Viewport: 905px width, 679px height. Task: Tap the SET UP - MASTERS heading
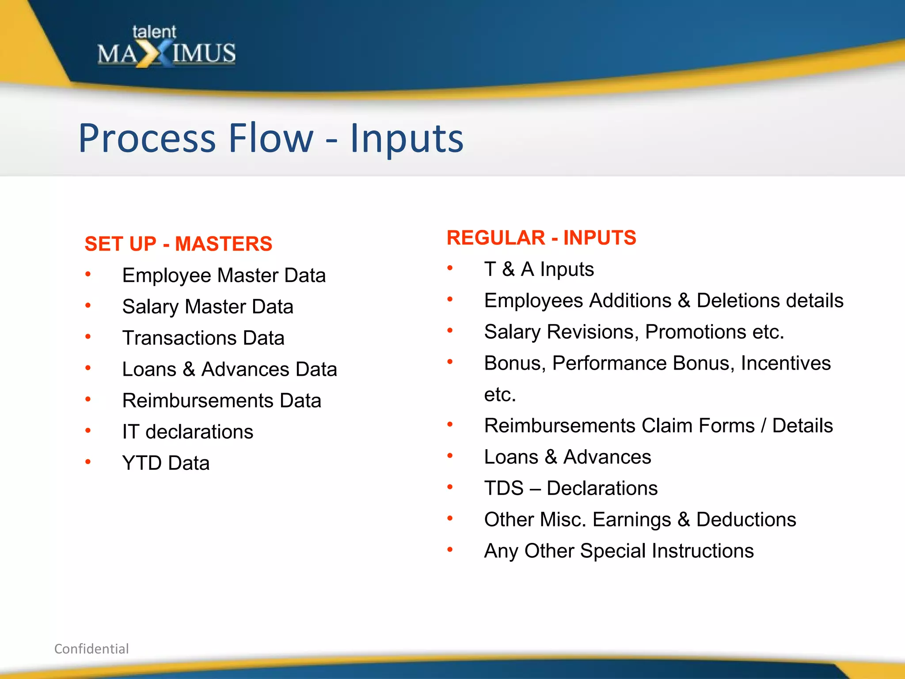pyautogui.click(x=178, y=244)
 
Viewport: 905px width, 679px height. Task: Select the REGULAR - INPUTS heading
pyautogui.click(x=541, y=238)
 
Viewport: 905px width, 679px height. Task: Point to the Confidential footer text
pyautogui.click(x=91, y=648)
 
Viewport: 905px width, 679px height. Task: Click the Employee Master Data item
pyautogui.click(x=224, y=275)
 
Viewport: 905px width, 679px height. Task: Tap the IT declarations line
pyautogui.click(x=187, y=432)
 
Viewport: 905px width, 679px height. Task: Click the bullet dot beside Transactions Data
pyautogui.click(x=88, y=337)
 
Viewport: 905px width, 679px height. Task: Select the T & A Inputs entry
pyautogui.click(x=539, y=269)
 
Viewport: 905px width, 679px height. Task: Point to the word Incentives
pyautogui.click(x=786, y=363)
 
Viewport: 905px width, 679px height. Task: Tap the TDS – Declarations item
pyautogui.click(x=570, y=488)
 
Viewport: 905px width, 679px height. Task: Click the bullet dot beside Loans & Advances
pyautogui.click(x=450, y=456)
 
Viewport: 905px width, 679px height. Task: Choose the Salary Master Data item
pyautogui.click(x=208, y=307)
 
